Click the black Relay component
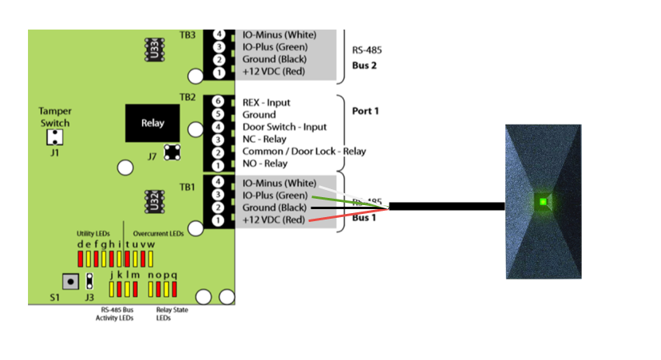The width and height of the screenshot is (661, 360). click(152, 123)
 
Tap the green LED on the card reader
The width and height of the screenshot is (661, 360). click(543, 200)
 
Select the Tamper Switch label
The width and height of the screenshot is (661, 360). click(54, 117)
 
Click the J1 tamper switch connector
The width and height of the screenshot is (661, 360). click(53, 137)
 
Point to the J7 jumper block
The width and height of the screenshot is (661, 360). click(171, 152)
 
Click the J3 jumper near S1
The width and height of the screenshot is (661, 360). click(90, 281)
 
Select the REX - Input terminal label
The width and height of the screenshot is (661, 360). click(267, 103)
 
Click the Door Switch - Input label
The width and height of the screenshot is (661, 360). click(284, 127)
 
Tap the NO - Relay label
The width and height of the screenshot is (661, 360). click(265, 164)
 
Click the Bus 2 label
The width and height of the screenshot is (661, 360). click(364, 65)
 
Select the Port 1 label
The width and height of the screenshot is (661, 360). click(365, 110)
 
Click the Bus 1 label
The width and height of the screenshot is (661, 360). click(364, 217)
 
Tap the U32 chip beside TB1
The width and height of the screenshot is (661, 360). click(153, 198)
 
